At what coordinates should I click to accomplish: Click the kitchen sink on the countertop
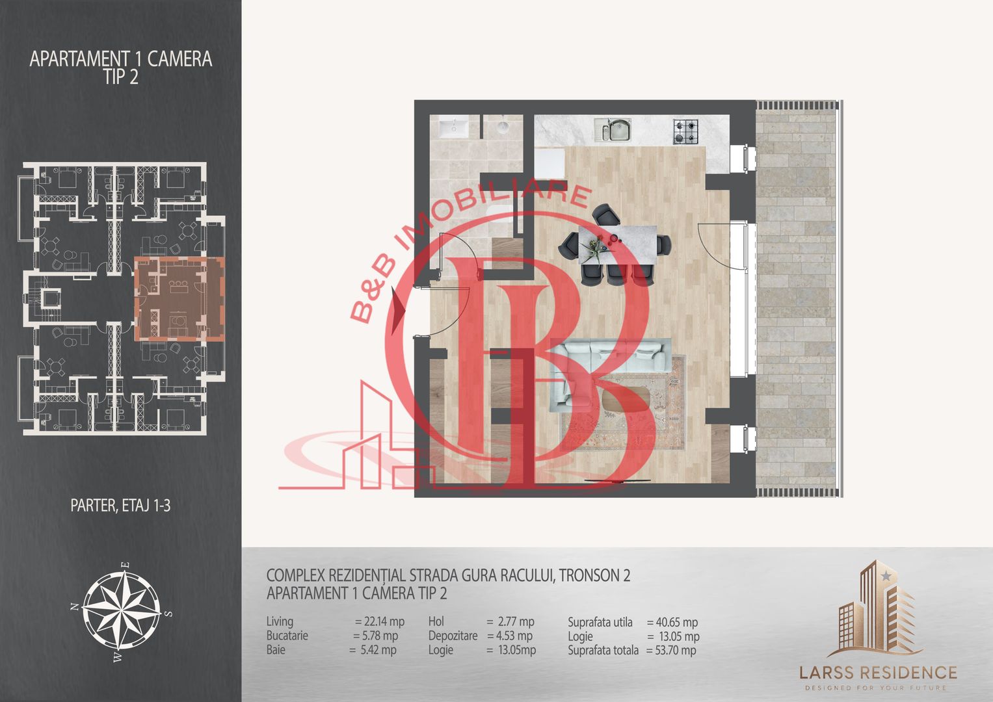point(613,129)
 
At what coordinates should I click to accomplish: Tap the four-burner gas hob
point(685,131)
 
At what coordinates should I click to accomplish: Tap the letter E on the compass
point(126,565)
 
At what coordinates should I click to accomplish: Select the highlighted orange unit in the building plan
point(179,299)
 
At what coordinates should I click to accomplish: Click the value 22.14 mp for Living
point(380,621)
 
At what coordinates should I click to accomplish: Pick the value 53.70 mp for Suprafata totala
point(670,650)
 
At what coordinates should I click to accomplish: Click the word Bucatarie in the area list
point(287,636)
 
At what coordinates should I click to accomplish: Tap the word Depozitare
point(453,636)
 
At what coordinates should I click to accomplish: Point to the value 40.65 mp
point(672,622)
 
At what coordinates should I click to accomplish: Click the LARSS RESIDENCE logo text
point(878,673)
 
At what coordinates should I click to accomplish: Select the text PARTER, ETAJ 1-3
point(120,506)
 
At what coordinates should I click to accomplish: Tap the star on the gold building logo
point(886,576)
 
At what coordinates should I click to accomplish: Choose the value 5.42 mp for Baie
point(373,650)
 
